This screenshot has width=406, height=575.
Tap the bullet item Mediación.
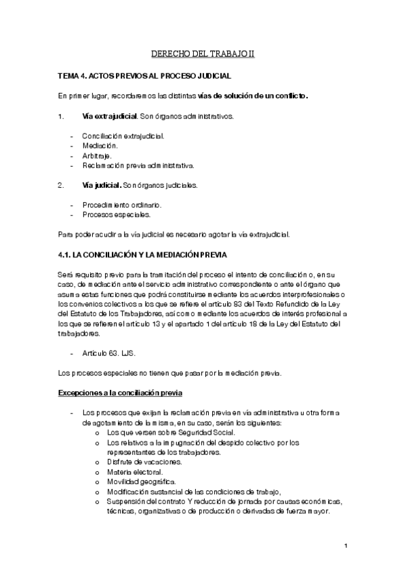(100, 145)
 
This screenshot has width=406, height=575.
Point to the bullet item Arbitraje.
(97, 155)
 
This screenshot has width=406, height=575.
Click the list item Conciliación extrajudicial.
(123, 136)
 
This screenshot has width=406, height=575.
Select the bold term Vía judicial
(101, 184)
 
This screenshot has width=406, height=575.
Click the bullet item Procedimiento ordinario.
(121, 204)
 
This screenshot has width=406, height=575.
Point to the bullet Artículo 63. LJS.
(110, 353)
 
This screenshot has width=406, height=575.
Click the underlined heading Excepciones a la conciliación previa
(119, 393)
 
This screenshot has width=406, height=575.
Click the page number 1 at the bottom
(345, 546)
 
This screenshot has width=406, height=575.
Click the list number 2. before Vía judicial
(61, 184)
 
